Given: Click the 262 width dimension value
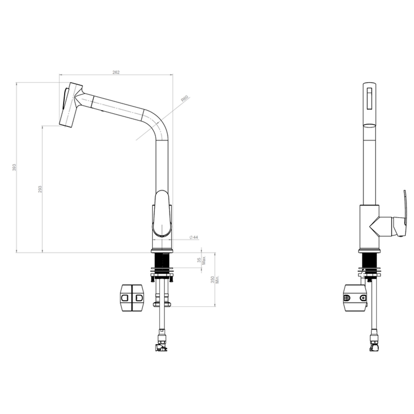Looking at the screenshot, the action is [x=116, y=72].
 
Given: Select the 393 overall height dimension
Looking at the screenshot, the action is [x=14, y=167].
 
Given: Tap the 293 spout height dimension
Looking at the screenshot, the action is [x=40, y=189].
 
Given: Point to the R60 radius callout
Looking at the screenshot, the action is [x=185, y=99].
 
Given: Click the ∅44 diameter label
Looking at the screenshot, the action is [x=194, y=237].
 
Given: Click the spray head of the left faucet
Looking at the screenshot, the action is [x=71, y=105].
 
